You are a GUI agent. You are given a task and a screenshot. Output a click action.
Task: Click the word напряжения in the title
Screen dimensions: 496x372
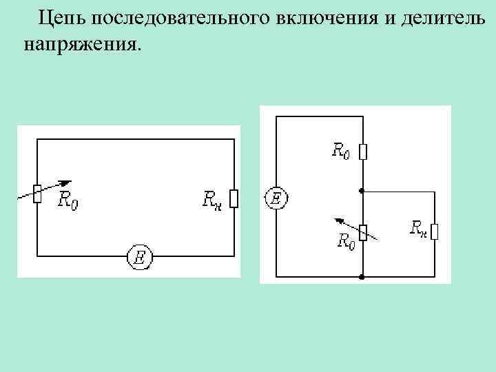click(80, 45)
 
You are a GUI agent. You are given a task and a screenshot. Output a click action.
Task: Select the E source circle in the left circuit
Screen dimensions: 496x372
click(140, 257)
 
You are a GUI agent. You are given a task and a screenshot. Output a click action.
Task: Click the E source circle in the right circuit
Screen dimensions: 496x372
click(275, 199)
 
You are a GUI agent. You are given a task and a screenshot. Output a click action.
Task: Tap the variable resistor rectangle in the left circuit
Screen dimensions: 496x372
click(37, 194)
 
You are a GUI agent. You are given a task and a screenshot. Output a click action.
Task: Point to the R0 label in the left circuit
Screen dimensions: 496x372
click(68, 201)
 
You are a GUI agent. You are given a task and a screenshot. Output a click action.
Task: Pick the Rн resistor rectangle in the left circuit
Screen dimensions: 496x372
click(234, 199)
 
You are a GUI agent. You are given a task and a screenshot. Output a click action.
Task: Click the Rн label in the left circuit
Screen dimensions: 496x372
click(212, 200)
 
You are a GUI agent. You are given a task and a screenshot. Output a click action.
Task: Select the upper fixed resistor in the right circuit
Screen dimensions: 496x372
click(363, 151)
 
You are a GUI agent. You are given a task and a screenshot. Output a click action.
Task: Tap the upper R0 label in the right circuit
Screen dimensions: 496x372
click(341, 151)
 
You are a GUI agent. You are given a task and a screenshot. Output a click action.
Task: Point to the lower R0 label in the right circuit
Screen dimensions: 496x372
click(346, 240)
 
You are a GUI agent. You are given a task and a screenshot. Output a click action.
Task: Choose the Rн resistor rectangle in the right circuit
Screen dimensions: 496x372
click(435, 231)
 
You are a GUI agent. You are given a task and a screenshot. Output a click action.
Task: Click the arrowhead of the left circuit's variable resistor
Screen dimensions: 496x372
click(65, 183)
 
